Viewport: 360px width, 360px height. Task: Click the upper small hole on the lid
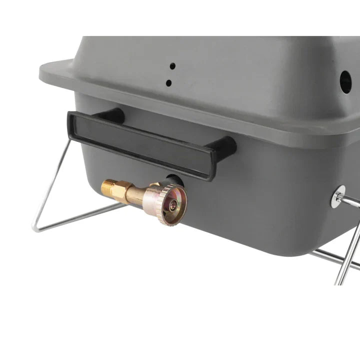[172, 65]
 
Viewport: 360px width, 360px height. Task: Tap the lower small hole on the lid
[169, 83]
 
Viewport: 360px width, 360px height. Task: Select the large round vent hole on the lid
[345, 78]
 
